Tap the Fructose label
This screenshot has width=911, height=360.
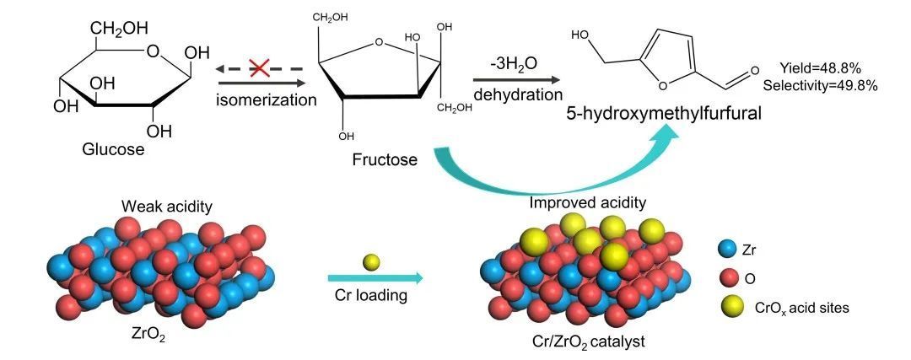point(385,158)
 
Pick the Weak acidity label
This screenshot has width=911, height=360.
point(158,207)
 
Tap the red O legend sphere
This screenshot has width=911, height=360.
point(729,278)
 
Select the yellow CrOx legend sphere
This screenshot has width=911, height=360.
point(729,307)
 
